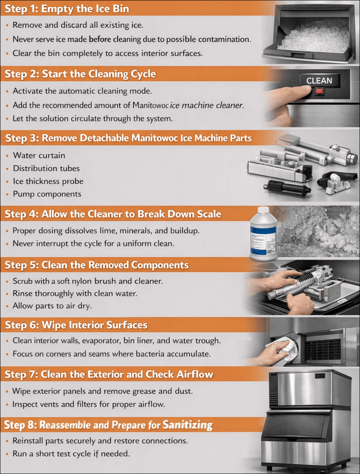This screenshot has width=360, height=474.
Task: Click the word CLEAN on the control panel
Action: [319, 81]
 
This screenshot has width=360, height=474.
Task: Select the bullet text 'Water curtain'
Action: [39, 156]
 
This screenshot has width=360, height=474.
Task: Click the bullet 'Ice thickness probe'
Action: [48, 181]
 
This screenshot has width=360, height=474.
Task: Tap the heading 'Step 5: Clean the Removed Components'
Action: [97, 265]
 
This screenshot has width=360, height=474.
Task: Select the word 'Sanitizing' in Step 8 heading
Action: [188, 424]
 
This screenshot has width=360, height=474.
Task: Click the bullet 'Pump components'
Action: [47, 194]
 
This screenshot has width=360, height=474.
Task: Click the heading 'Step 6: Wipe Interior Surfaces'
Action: [76, 325]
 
